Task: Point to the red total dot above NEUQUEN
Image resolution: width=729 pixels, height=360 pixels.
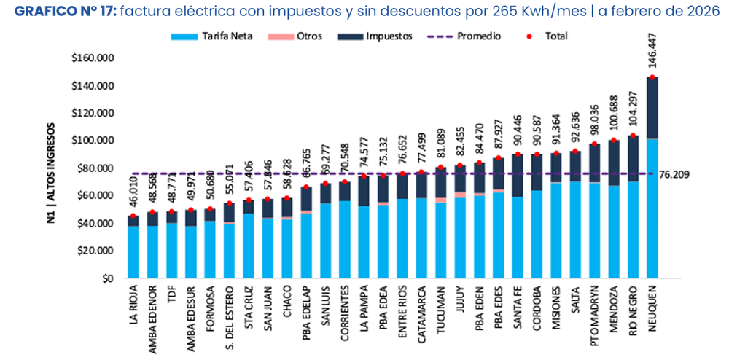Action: pyautogui.click(x=652, y=77)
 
